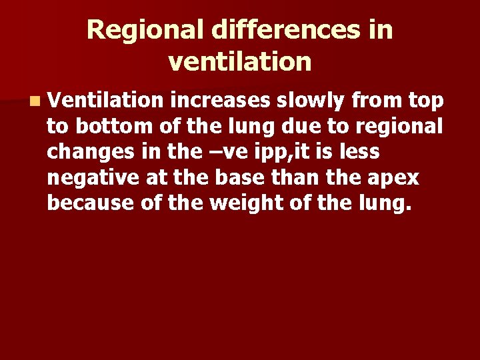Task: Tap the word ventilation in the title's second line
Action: (240, 62)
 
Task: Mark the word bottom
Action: (103, 127)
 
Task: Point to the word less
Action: (363, 152)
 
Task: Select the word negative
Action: (93, 177)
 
